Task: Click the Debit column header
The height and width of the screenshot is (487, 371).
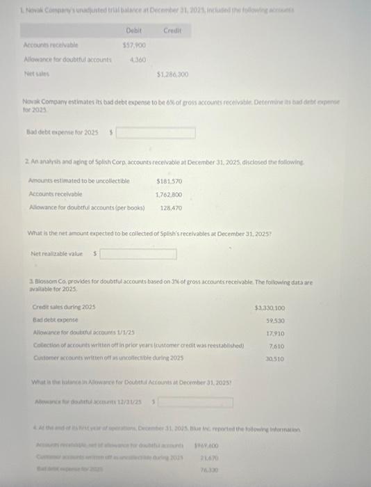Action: (133, 31)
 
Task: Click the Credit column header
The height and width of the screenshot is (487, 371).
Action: (172, 31)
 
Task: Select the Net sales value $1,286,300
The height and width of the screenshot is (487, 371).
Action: (174, 74)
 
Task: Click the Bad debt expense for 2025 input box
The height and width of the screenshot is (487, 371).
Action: (155, 133)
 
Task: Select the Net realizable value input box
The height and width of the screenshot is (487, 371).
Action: (138, 255)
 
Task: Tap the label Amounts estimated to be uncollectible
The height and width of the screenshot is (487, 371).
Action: (79, 181)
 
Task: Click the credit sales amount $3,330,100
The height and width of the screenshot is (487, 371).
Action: (270, 308)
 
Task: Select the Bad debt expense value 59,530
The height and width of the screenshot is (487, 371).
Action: (275, 321)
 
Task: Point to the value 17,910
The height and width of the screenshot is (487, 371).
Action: (275, 333)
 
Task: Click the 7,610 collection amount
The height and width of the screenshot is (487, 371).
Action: (277, 346)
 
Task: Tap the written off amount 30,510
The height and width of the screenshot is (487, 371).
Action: (275, 359)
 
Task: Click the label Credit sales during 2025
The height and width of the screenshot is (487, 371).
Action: (64, 308)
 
